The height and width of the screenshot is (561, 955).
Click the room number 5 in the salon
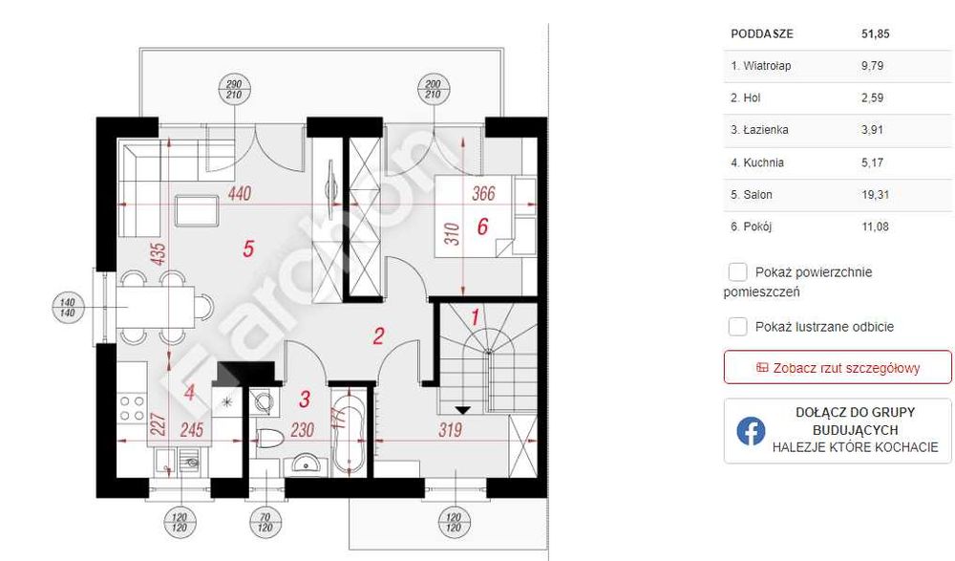248,249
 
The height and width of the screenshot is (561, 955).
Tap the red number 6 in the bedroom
482,227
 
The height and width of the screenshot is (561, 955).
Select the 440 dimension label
240,194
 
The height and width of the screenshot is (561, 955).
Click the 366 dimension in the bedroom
484,194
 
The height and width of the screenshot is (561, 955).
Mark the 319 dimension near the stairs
449,430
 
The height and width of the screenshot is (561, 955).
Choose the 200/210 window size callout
431,90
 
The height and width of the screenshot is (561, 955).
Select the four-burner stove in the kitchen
132,408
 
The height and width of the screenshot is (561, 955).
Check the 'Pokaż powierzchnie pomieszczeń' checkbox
738,272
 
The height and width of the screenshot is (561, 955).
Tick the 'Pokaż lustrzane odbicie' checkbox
738,327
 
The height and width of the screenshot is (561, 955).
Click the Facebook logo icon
751,431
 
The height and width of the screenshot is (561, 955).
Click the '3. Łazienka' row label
759,130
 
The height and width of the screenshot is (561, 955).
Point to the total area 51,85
875,33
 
